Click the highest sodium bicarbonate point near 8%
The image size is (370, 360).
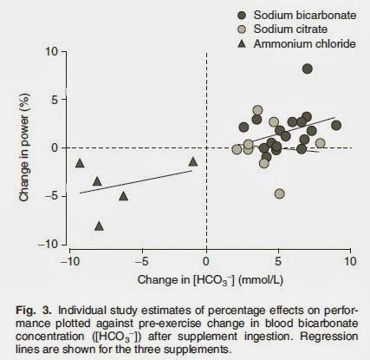click(x=308, y=69)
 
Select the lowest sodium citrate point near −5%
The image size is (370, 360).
click(x=279, y=193)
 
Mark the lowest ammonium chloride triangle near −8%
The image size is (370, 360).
click(x=99, y=226)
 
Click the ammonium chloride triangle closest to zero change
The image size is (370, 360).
click(x=192, y=161)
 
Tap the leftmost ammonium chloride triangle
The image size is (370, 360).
click(x=80, y=163)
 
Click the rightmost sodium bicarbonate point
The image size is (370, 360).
click(x=336, y=125)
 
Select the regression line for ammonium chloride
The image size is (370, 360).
click(x=139, y=183)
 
